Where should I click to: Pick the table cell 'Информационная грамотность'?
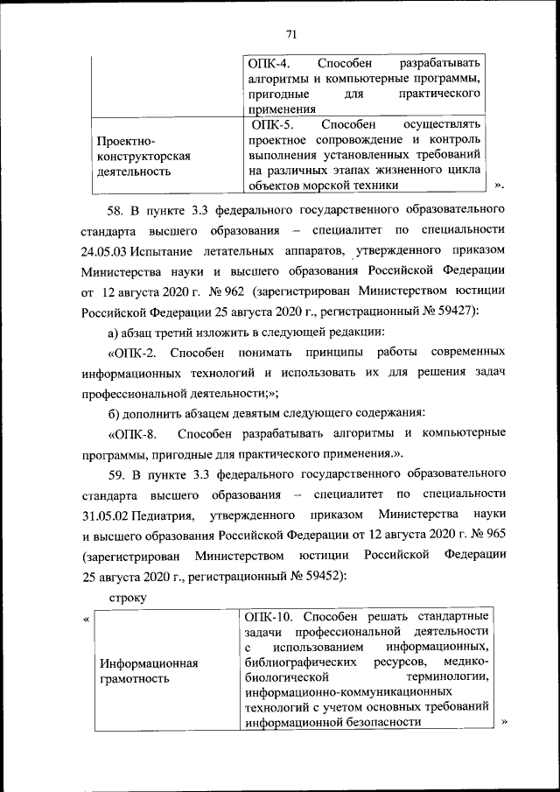147,670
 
